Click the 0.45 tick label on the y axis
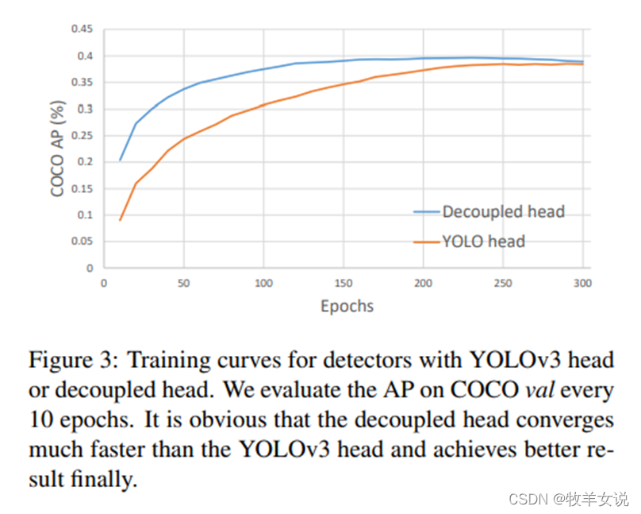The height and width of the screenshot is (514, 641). pyautogui.click(x=82, y=29)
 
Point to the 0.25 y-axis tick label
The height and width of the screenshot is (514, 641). pyautogui.click(x=82, y=135)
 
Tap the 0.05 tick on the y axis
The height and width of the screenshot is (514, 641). pyautogui.click(x=82, y=242)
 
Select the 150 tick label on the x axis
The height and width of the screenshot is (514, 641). pyautogui.click(x=344, y=283)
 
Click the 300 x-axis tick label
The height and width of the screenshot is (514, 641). pyautogui.click(x=583, y=283)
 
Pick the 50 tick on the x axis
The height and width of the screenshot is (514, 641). pyautogui.click(x=184, y=283)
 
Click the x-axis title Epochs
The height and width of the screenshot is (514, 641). pyautogui.click(x=347, y=306)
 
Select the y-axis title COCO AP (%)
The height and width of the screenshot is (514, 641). pyautogui.click(x=58, y=149)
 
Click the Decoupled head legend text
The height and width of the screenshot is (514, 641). pyautogui.click(x=504, y=211)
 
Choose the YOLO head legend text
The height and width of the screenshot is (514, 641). pyautogui.click(x=484, y=241)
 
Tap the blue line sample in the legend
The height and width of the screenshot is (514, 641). pyautogui.click(x=428, y=212)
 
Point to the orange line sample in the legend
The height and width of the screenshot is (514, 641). pyautogui.click(x=428, y=242)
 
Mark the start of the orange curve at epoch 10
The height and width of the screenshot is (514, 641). pyautogui.click(x=120, y=220)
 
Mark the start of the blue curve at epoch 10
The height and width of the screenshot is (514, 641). pyautogui.click(x=120, y=160)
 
